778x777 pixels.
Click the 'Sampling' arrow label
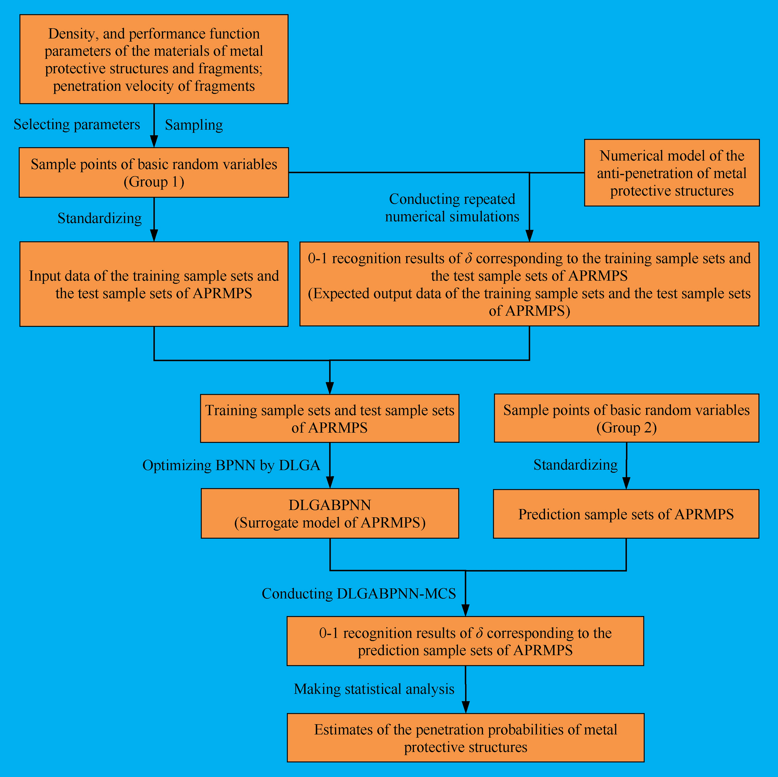pos(194,125)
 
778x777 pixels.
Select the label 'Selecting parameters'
pos(76,124)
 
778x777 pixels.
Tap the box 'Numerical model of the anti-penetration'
pos(671,173)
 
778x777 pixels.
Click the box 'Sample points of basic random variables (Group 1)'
pos(154,173)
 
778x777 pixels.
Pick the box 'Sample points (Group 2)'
pos(626,418)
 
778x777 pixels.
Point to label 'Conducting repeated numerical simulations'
pos(452,208)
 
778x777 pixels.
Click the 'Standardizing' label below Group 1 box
pos(100,218)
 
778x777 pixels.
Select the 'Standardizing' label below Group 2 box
pos(575,465)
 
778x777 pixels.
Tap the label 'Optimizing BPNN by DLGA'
pos(231,466)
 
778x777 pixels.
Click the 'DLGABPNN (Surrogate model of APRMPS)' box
pos(330,514)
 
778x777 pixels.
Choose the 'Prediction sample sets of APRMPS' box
pos(626,515)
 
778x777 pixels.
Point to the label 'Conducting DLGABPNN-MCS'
pos(359,594)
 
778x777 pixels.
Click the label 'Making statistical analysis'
pos(374,689)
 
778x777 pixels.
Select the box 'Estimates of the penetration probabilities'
pos(466,738)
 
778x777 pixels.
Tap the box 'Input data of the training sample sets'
pos(154,284)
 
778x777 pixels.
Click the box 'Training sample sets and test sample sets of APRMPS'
pos(329,418)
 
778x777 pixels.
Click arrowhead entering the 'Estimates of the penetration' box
pos(466,708)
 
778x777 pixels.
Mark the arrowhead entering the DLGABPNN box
pos(330,483)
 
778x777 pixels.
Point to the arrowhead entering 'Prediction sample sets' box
pos(626,483)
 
